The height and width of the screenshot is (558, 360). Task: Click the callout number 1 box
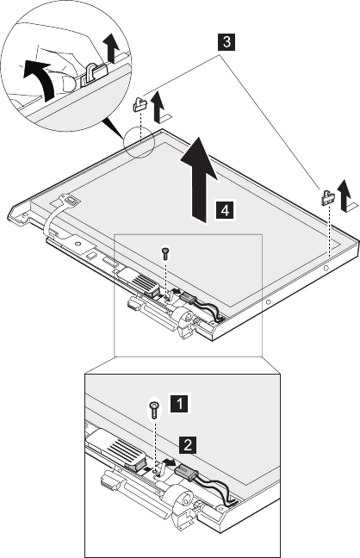coord(180,404)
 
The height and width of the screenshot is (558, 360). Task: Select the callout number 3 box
coord(226,42)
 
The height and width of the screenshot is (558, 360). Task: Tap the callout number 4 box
coord(225,210)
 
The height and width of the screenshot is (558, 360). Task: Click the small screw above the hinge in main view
coord(164,253)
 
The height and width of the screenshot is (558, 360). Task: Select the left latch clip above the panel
coord(140,103)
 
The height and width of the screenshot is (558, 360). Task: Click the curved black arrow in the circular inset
coord(37,77)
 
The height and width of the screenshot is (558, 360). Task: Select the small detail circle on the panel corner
coord(139,143)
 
